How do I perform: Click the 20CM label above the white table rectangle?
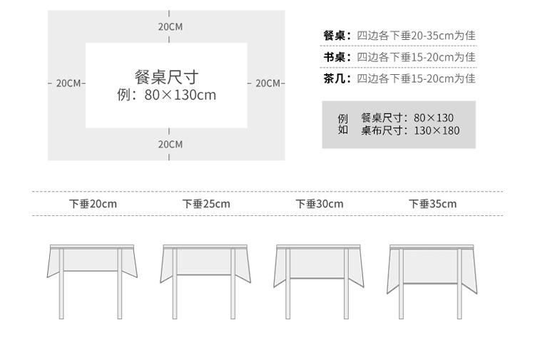(x=170, y=26)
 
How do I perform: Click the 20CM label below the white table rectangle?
(x=170, y=144)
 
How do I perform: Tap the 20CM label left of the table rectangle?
(x=68, y=83)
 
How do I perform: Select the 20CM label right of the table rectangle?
(x=267, y=83)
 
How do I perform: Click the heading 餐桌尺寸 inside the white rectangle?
(x=166, y=77)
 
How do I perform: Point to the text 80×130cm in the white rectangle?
(x=180, y=95)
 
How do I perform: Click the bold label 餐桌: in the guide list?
(x=337, y=36)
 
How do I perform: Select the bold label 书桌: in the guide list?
(x=337, y=57)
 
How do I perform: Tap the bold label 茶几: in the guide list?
(x=337, y=78)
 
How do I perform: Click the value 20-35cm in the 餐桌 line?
(x=432, y=36)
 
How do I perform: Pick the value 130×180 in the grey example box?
(x=437, y=130)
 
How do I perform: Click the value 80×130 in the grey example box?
(x=434, y=118)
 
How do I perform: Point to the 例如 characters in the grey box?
(x=343, y=124)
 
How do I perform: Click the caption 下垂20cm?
(x=93, y=204)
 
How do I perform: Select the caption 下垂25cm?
(x=206, y=204)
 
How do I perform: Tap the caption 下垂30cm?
(x=320, y=204)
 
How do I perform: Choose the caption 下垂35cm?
(x=433, y=204)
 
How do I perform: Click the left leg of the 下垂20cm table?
(x=61, y=284)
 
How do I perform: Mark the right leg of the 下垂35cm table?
(x=459, y=284)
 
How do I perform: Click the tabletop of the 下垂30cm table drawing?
(x=319, y=247)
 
